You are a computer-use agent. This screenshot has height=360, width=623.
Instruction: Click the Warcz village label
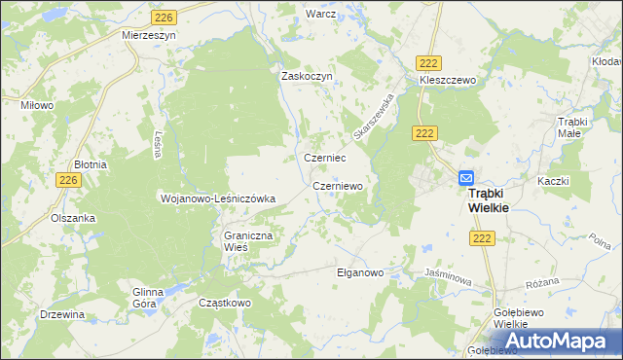point(320,15)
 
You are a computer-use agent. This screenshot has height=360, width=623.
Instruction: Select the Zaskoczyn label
point(308,76)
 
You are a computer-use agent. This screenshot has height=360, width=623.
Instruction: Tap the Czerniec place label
point(326,158)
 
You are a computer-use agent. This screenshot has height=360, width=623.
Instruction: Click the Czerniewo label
point(338,185)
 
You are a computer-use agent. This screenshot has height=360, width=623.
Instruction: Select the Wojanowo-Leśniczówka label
point(218,198)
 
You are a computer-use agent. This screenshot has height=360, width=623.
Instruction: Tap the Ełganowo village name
point(361,273)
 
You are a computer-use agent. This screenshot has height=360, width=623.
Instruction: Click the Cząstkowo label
point(225,303)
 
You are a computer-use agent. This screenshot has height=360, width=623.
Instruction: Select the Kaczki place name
point(553,181)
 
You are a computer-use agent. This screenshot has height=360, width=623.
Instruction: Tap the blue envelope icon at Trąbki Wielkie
point(466,178)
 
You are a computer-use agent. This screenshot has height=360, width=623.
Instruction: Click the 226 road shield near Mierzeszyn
point(164,18)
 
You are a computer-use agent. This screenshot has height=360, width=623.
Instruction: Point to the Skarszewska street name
point(377,116)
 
